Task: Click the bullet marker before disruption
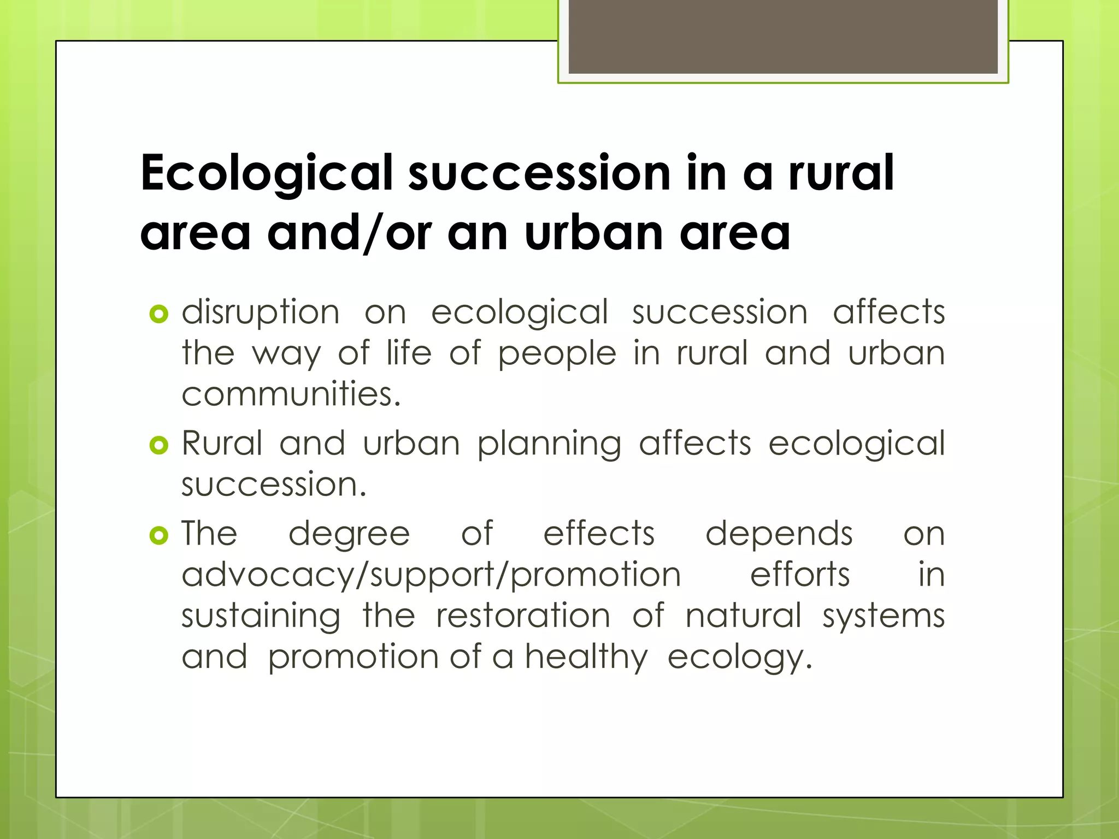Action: click(x=158, y=314)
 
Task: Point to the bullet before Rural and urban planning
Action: click(x=158, y=445)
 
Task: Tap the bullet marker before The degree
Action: click(x=158, y=535)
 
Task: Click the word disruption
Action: click(x=261, y=313)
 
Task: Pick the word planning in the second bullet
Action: click(x=549, y=444)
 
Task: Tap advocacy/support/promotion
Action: click(x=431, y=576)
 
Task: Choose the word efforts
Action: click(x=799, y=575)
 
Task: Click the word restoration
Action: click(x=523, y=616)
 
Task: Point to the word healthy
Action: click(x=586, y=658)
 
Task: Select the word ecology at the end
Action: click(x=739, y=658)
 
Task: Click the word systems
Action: click(x=884, y=617)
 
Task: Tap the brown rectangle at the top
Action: click(x=783, y=36)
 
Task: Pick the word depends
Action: click(x=779, y=534)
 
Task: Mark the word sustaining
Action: click(x=261, y=617)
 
